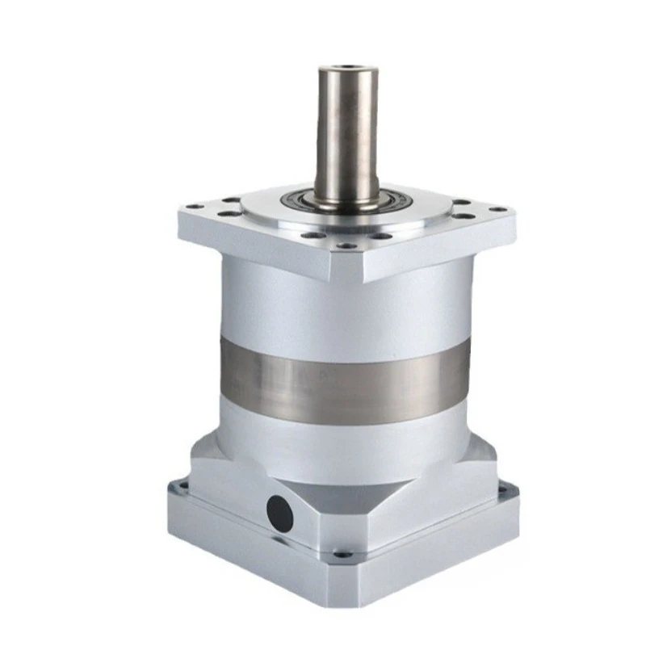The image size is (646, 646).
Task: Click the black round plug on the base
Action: [x=279, y=513]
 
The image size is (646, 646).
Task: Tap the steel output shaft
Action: [x=346, y=137]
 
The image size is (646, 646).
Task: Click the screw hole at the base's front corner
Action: [x=342, y=555]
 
